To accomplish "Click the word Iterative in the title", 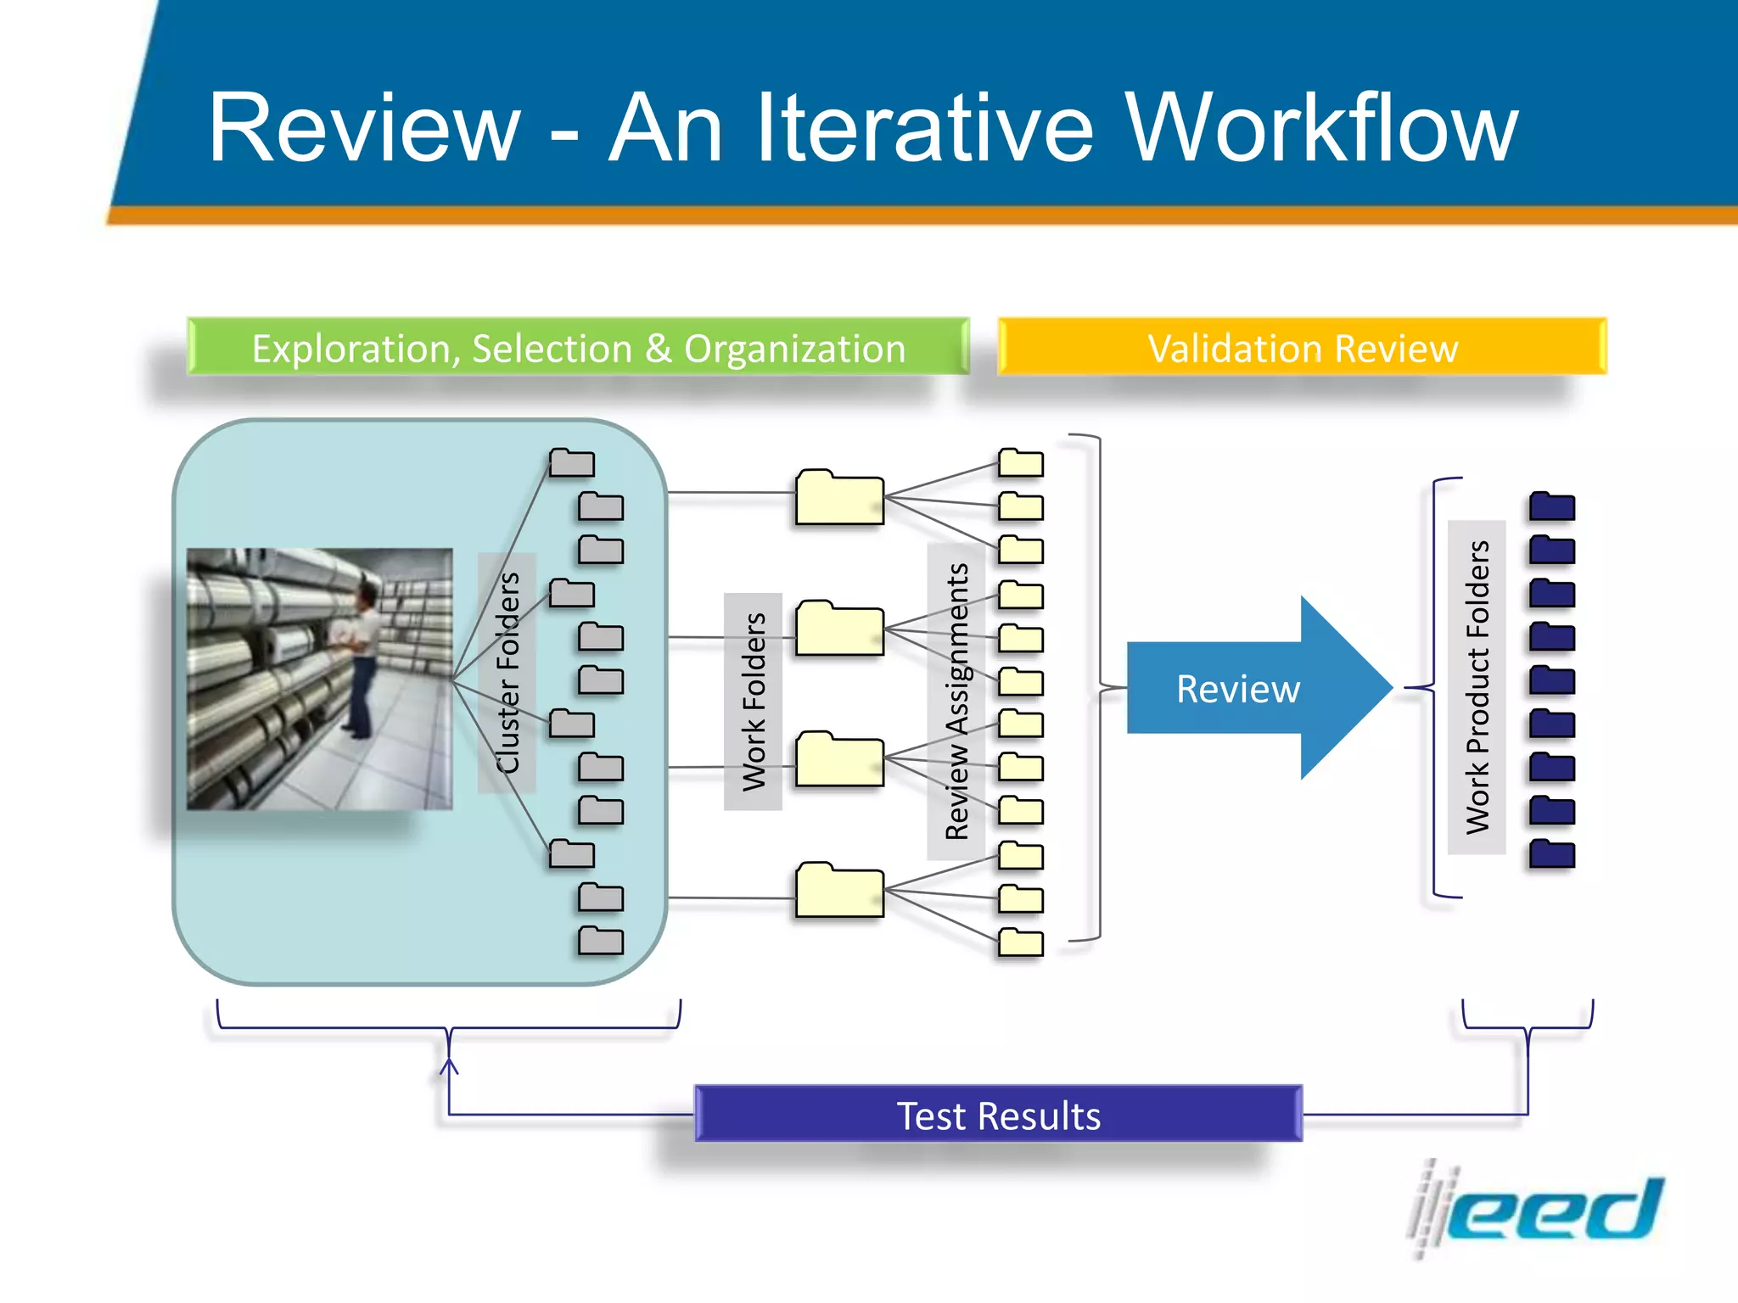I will pos(925,129).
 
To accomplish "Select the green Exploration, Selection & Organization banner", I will pos(578,348).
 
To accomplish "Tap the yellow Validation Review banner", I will pos(1303,348).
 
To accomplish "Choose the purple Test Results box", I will pos(998,1115).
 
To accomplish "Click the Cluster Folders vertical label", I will pos(507,673).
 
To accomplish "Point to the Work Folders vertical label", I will pos(754,702).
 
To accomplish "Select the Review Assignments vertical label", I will pos(956,702).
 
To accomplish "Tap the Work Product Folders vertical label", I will pos(1477,687).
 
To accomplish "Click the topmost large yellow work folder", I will pos(839,498).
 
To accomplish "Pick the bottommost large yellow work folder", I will pos(839,891).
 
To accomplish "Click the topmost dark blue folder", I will pos(1552,506).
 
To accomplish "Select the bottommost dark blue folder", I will pos(1552,854).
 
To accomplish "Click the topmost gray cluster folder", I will pos(571,463).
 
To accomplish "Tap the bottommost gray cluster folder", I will pos(601,942).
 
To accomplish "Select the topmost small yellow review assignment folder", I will pos(1020,463).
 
